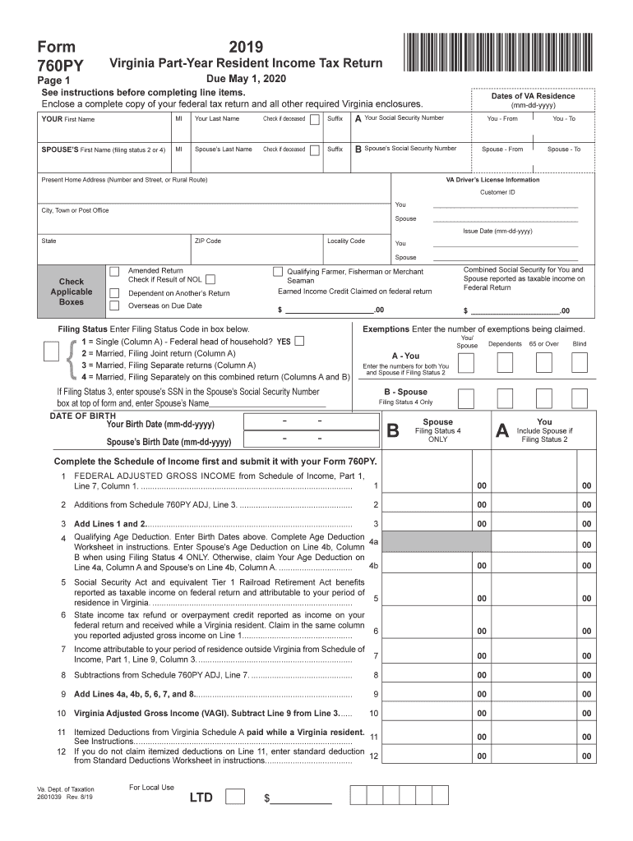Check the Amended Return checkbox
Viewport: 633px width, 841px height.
pos(115,271)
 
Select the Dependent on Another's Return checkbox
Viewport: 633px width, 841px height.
pos(115,292)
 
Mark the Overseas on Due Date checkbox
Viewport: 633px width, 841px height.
pos(115,306)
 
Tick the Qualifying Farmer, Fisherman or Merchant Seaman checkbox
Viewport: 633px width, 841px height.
pos(277,272)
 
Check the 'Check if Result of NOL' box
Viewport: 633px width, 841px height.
pos(211,279)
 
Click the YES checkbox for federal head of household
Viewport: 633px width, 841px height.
pos(299,341)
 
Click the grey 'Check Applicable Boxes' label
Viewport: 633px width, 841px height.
pos(72,292)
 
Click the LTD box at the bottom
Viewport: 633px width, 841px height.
pos(234,796)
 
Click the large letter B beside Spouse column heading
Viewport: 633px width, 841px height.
pos(392,431)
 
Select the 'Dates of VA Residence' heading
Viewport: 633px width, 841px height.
pos(533,96)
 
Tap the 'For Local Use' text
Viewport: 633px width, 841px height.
pos(151,788)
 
